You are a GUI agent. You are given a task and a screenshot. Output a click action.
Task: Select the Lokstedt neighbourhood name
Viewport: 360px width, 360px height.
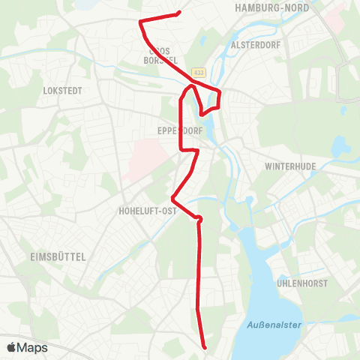63,90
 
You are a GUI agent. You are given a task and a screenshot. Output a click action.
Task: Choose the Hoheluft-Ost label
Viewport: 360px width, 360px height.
147,211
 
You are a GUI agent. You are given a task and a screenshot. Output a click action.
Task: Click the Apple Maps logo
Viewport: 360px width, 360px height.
27,348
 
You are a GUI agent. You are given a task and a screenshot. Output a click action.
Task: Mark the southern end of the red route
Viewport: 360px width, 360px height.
205,347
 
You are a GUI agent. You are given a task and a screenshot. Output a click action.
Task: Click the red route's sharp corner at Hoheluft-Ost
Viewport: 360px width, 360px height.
172,199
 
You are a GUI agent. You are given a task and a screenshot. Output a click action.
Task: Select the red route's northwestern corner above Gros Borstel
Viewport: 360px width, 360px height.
140,23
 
